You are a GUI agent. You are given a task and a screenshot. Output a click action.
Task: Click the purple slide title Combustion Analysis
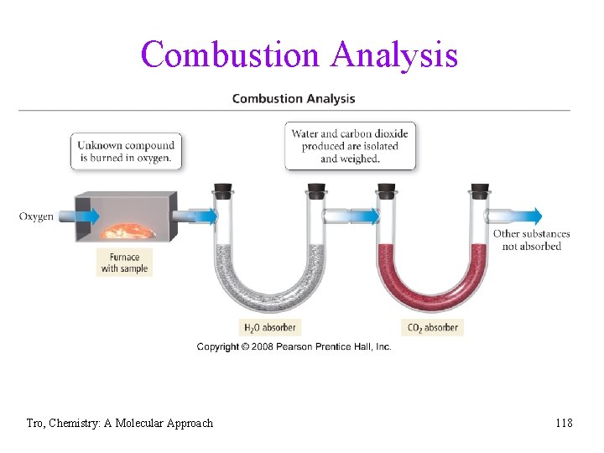[299, 55]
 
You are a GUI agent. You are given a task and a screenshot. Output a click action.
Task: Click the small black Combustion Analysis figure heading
[293, 99]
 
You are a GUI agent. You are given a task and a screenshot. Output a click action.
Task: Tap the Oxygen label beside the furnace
[36, 216]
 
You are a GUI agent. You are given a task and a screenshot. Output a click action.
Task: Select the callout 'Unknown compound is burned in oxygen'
[126, 151]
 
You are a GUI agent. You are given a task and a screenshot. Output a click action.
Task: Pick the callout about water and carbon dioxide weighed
[351, 146]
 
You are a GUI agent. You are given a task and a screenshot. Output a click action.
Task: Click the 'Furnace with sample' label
[124, 263]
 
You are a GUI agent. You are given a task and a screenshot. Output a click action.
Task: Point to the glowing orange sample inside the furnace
[127, 232]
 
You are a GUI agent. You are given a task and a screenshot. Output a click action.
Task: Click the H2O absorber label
[270, 327]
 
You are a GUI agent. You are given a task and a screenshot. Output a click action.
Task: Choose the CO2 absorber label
[433, 327]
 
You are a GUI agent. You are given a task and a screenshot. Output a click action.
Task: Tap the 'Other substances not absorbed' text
[531, 240]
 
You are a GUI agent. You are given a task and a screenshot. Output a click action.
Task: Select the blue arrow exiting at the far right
[524, 216]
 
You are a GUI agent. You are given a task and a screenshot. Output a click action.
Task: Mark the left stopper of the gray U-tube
[224, 190]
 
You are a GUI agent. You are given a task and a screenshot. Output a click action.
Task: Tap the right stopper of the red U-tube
[480, 190]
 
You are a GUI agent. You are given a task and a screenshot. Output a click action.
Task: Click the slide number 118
[564, 423]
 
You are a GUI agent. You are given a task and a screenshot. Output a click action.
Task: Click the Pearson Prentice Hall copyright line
[294, 346]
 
